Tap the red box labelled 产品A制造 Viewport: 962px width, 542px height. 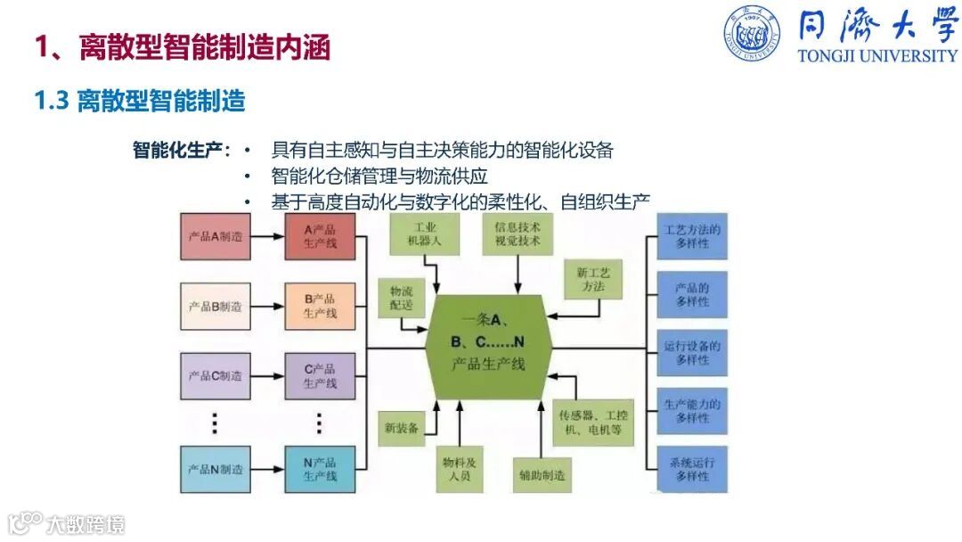click(x=215, y=237)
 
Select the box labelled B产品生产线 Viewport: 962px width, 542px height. click(x=320, y=306)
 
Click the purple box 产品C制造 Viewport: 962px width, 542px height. click(x=215, y=375)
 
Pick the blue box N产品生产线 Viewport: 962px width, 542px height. click(x=320, y=469)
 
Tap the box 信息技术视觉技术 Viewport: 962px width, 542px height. click(x=518, y=234)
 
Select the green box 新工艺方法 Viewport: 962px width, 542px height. click(x=592, y=279)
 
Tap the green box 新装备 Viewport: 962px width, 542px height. click(x=401, y=429)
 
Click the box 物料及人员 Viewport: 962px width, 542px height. click(x=460, y=469)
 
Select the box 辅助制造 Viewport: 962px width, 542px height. click(x=541, y=475)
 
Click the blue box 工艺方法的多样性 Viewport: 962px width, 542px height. click(x=692, y=236)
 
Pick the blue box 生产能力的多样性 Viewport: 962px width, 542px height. click(x=692, y=411)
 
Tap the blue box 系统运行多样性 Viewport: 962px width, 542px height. click(x=692, y=469)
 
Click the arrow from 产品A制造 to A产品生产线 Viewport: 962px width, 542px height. click(x=266, y=237)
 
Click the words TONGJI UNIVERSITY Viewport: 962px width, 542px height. click(x=877, y=55)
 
